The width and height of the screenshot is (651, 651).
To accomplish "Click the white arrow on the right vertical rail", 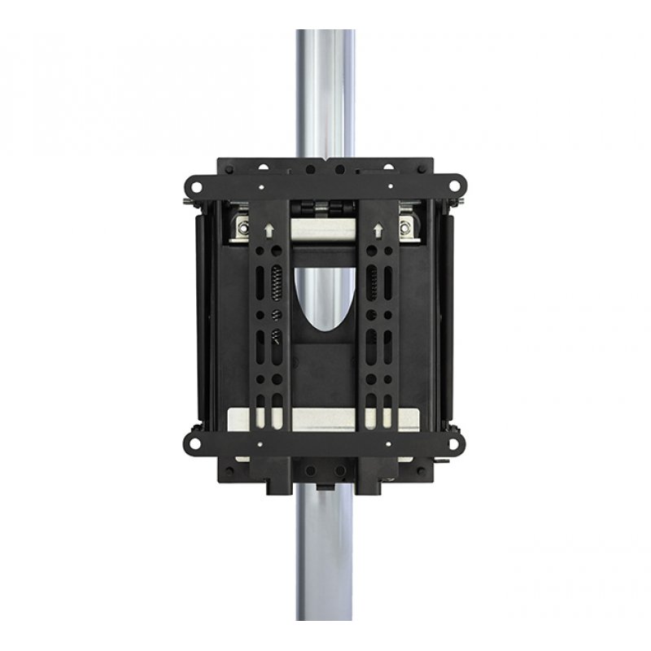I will (380, 230).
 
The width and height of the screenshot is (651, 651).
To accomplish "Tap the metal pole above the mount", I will (325, 90).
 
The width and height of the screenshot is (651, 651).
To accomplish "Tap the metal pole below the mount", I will (325, 561).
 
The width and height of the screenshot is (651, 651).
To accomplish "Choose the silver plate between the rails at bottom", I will (323, 416).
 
